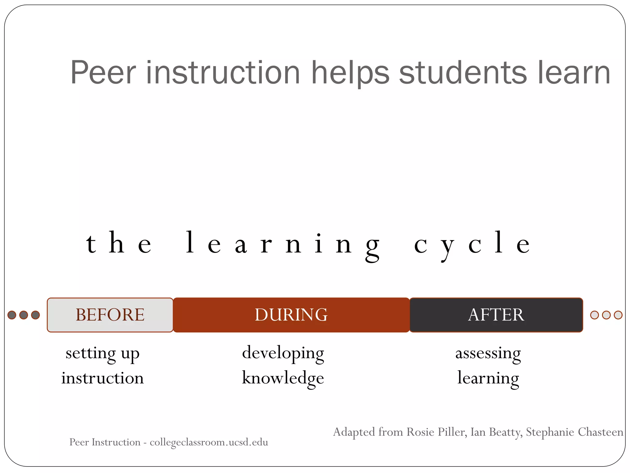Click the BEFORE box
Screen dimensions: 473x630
[x=110, y=315]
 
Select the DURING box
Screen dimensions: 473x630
[x=291, y=315]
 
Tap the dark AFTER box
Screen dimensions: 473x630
[x=496, y=315]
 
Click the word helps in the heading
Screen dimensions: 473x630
[x=350, y=73]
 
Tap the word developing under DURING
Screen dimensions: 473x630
[x=283, y=353]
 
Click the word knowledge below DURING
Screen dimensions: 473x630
[x=283, y=378]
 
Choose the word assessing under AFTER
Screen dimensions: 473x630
[x=488, y=353]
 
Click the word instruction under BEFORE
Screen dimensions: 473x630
[x=102, y=378]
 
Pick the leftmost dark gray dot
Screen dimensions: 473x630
[x=12, y=315]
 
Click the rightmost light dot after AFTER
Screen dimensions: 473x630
[x=618, y=315]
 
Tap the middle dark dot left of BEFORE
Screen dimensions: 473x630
[x=24, y=315]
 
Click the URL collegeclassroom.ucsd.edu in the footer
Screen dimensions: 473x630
[x=209, y=442]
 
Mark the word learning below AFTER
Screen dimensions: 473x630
[x=488, y=378]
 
